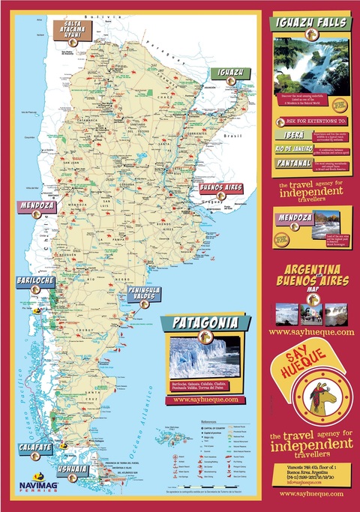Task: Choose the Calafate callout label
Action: coord(36,447)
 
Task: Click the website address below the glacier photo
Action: coord(205,400)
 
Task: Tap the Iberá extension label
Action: coord(289,135)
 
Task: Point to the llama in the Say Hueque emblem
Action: coord(311,401)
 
